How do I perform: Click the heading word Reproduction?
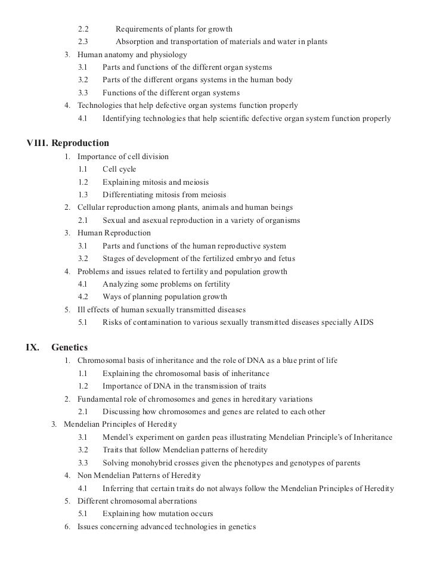[x=80, y=143]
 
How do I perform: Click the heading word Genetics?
[x=70, y=347]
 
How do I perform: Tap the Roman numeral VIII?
[x=36, y=143]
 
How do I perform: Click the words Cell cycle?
[x=119, y=169]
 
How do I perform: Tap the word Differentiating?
[x=129, y=195]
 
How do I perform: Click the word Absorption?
[x=135, y=42]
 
